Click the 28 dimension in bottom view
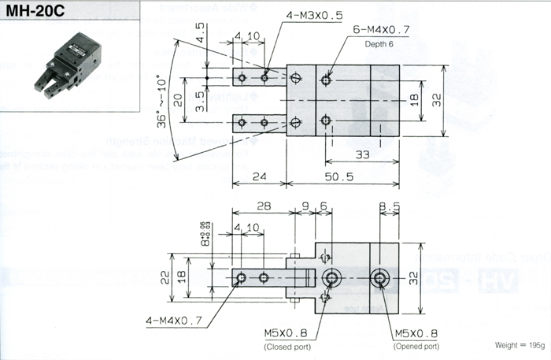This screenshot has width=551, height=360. click(x=263, y=206)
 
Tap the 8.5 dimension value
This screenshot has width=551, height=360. click(x=388, y=206)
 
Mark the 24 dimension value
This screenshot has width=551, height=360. click(x=260, y=177)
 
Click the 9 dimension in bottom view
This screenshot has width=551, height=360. click(x=305, y=206)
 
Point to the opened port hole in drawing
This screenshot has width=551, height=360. click(x=382, y=277)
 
